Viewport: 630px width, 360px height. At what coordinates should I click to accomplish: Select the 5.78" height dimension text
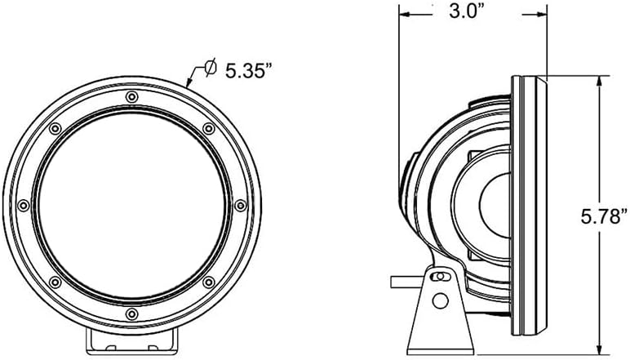point(604,217)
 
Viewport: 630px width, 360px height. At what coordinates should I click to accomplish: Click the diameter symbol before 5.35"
point(210,67)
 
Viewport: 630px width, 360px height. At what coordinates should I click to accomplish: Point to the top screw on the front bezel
point(131,97)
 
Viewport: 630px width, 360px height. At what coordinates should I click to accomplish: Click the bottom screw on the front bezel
point(131,313)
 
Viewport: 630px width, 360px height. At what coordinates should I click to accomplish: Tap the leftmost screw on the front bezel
point(24,206)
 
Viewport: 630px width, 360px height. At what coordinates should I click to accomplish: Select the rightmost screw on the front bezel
point(240,206)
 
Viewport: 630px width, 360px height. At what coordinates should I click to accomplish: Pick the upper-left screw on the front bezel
point(55,129)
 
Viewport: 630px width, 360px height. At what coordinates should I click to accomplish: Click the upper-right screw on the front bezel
point(209,129)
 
